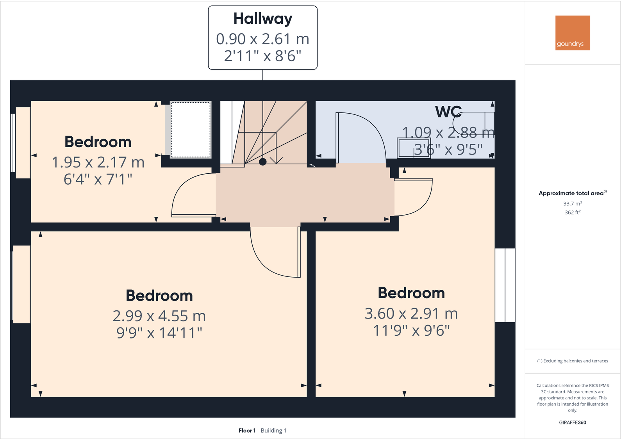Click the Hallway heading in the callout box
262,19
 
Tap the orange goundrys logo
573,33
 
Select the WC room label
448,112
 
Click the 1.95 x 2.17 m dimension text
98,162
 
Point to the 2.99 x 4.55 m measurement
159,316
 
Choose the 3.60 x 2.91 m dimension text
411,314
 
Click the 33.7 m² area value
573,203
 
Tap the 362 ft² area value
573,212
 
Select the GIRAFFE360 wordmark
573,422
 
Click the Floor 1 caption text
247,431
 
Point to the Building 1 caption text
273,431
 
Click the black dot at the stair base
263,162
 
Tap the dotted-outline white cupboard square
191,130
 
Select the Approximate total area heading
571,193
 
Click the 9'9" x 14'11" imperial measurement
159,333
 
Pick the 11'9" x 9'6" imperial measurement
411,331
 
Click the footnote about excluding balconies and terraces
573,361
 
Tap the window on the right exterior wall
505,285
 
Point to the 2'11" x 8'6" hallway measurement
262,56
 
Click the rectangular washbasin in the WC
414,148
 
